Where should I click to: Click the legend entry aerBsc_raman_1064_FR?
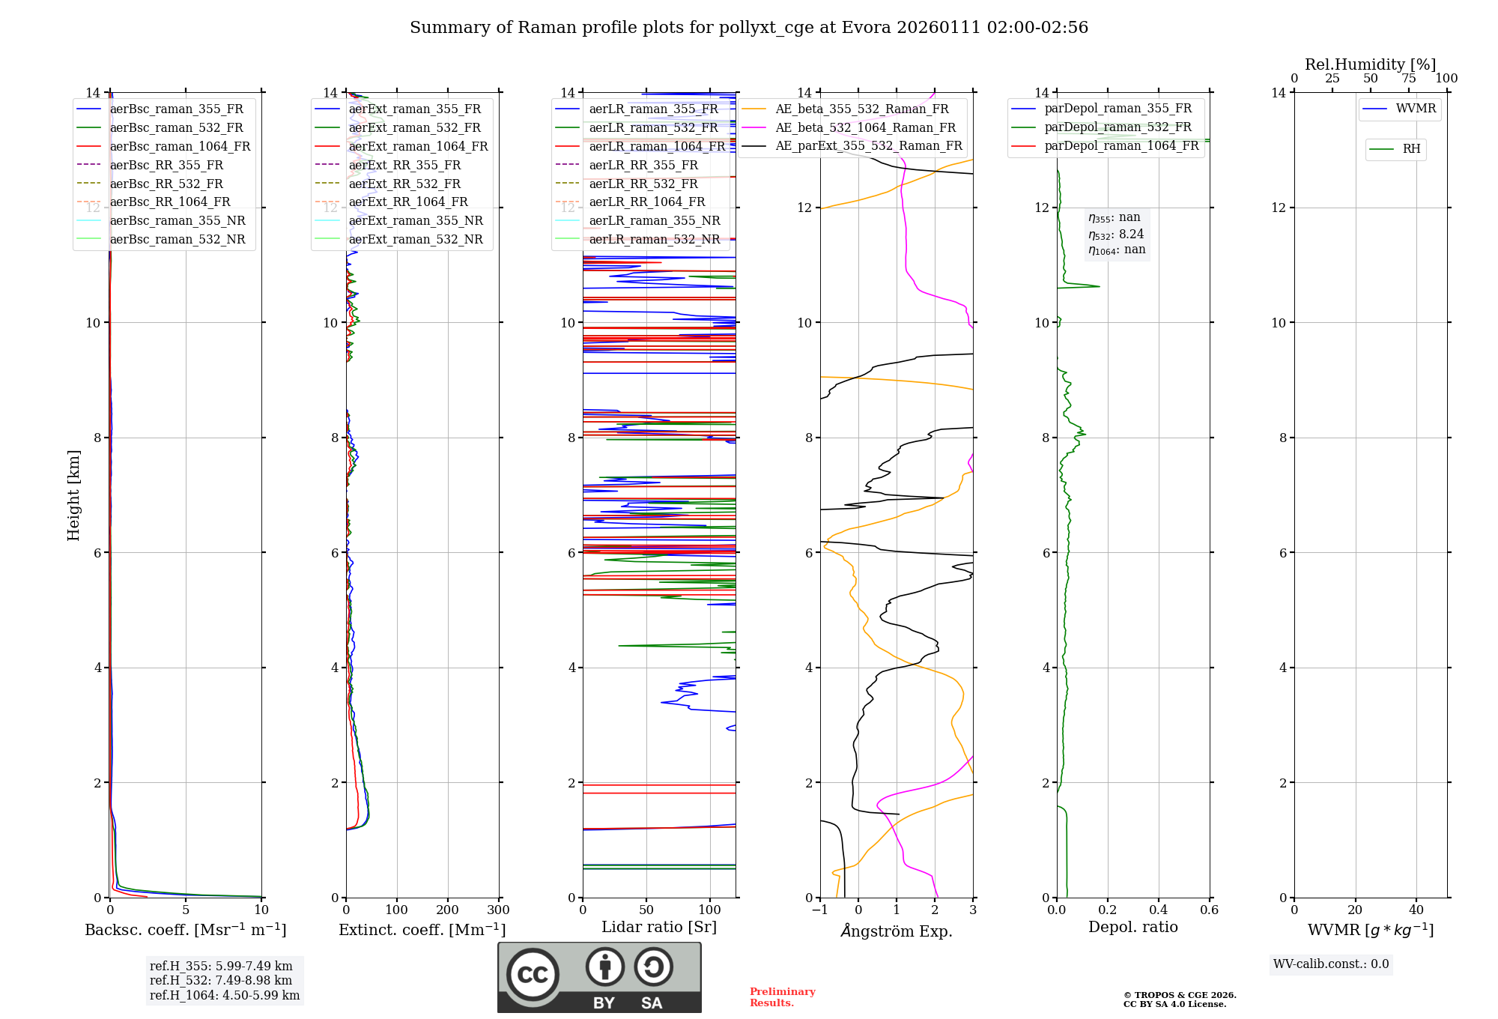pos(180,147)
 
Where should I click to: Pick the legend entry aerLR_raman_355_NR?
pos(654,221)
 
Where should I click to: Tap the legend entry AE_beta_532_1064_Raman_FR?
pos(865,128)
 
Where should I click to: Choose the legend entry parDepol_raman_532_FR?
pos(1118,127)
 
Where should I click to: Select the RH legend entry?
pos(1411,149)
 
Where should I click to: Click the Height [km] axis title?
pos(73,495)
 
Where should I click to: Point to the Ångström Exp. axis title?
pos(897,931)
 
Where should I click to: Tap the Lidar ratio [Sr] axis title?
pos(659,927)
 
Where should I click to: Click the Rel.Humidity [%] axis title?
pos(1370,64)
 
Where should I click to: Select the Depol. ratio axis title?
pos(1132,927)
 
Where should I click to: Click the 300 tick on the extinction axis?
pos(498,910)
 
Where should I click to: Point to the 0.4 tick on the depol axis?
pos(1158,910)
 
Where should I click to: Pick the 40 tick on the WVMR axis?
pos(1416,910)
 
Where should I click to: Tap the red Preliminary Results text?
pos(782,997)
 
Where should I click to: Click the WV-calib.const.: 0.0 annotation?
pos(1330,964)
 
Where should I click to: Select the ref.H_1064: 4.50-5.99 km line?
pos(225,996)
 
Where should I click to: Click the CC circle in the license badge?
pos(533,975)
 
